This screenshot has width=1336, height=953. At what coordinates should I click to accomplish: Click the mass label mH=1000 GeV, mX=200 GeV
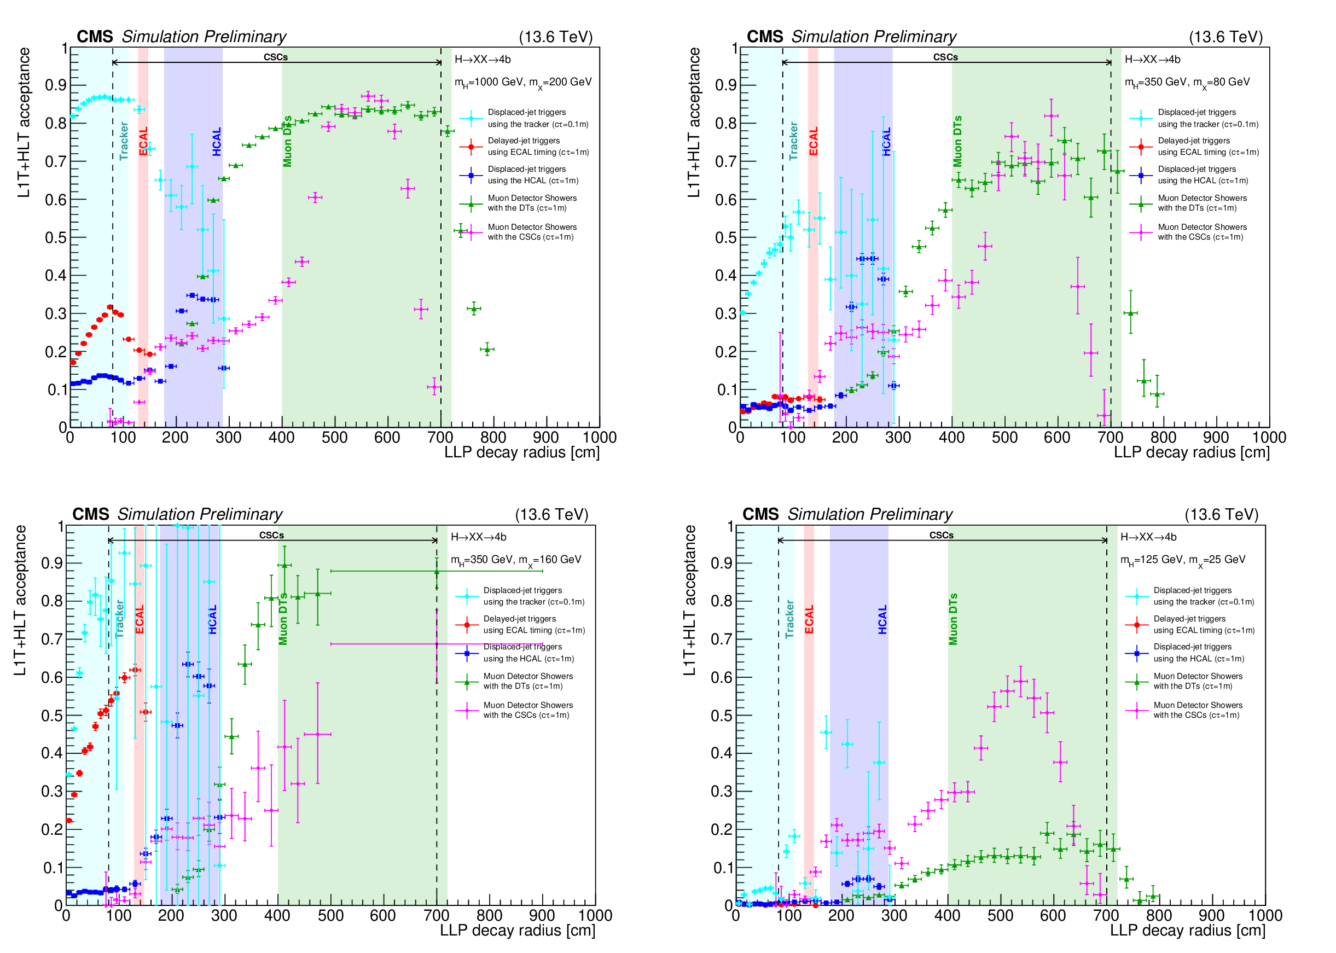click(x=523, y=83)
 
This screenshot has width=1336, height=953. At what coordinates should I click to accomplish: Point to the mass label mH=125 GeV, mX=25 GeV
click(x=1183, y=560)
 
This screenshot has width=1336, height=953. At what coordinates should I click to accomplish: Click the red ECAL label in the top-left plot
click(x=143, y=141)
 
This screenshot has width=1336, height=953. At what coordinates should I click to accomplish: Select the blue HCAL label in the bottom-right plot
click(x=882, y=619)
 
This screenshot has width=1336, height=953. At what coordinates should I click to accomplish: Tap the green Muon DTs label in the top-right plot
click(x=957, y=141)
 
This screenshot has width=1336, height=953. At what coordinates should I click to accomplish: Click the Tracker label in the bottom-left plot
click(x=120, y=619)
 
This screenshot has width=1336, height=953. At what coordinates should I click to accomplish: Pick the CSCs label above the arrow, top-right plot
click(x=945, y=57)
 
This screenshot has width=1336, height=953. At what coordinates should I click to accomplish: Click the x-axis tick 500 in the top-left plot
click(x=334, y=438)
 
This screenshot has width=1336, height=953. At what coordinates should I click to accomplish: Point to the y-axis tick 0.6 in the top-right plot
click(x=726, y=200)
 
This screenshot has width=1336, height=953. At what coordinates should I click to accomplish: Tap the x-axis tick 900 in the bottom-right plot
click(x=1212, y=915)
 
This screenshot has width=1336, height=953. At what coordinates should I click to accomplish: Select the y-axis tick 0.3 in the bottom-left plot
click(x=51, y=792)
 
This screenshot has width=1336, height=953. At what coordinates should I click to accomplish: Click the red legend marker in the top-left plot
click(x=470, y=146)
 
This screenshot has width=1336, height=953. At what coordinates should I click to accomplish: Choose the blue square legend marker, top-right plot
click(x=1141, y=175)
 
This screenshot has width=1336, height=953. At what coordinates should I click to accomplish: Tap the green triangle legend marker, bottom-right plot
click(x=1136, y=681)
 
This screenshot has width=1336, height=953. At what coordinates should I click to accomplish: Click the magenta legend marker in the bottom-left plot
click(x=467, y=710)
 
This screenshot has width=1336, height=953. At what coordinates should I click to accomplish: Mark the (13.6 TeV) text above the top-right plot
click(x=1225, y=37)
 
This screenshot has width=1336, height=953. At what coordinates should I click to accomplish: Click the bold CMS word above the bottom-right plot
click(x=760, y=515)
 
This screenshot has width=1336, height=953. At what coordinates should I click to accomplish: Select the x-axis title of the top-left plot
click(x=521, y=452)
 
